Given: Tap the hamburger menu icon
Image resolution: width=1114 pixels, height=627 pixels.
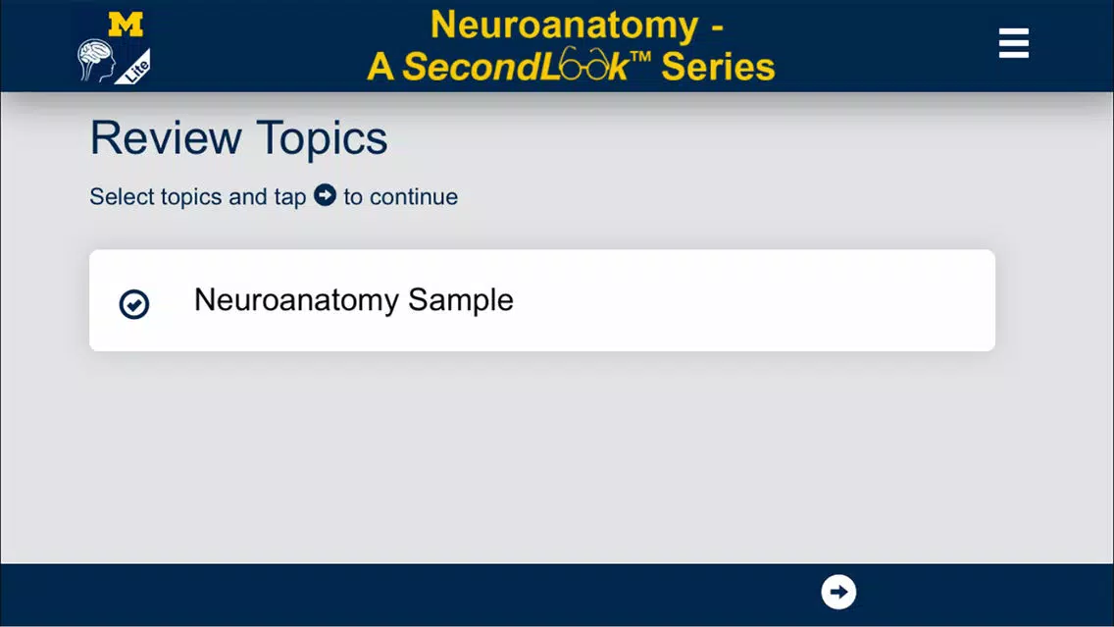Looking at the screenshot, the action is click(1014, 43).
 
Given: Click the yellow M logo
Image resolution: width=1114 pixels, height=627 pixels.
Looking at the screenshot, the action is click(126, 25).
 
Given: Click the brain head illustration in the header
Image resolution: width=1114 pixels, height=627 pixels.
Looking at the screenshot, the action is click(96, 61).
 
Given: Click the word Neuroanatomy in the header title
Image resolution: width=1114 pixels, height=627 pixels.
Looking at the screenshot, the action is click(565, 26).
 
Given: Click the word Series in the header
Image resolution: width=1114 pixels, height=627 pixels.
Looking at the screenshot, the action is click(718, 67).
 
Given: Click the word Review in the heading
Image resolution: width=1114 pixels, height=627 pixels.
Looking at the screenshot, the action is click(166, 138).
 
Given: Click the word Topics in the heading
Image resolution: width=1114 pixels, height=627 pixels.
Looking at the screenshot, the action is click(322, 138).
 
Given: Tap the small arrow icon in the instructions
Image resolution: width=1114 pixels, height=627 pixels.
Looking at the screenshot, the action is click(325, 195).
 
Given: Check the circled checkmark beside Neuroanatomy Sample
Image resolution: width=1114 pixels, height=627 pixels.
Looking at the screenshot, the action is click(133, 303).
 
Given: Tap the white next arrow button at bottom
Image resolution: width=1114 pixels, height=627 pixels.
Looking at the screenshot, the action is click(838, 593).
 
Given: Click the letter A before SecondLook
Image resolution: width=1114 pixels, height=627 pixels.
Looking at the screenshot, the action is click(380, 67).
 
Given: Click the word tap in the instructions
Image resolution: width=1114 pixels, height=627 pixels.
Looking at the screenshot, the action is click(290, 197).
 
